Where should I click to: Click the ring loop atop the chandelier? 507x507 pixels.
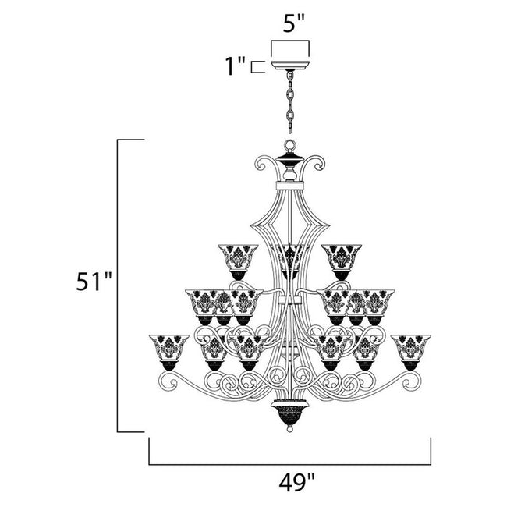289,146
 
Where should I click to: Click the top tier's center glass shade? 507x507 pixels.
290,257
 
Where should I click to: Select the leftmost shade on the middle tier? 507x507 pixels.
202,303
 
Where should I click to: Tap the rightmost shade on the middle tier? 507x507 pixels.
378,303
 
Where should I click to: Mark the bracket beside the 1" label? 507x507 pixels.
257,66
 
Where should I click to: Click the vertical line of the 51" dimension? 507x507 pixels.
119,285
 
